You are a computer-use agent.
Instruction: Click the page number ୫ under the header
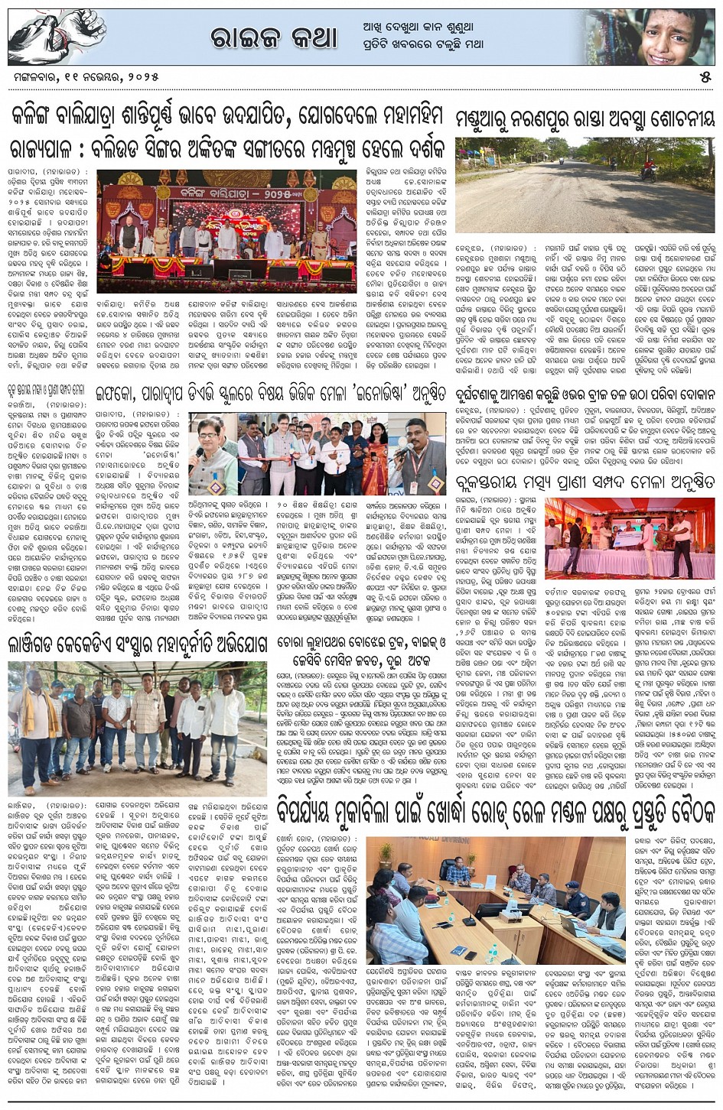(x=705, y=76)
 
